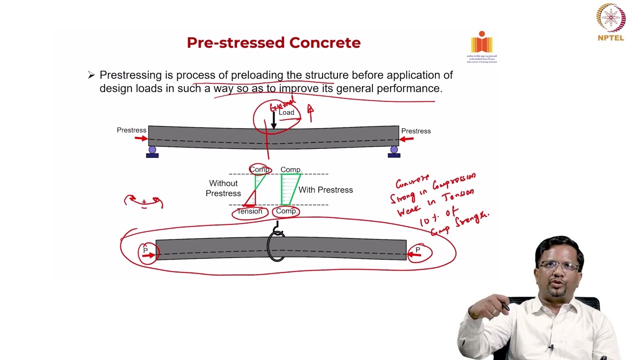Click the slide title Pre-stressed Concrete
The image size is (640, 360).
tap(273, 43)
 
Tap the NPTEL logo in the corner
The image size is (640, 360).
tap(610, 22)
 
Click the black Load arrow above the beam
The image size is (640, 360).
tap(273, 120)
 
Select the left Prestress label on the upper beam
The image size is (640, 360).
tap(131, 130)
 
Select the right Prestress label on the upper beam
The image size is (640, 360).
tap(415, 131)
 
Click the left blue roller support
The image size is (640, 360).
tap(152, 150)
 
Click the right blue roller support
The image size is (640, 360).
tap(394, 150)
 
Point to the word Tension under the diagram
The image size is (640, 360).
tap(249, 211)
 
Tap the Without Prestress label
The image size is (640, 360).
tap(223, 188)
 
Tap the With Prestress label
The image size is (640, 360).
tap(325, 190)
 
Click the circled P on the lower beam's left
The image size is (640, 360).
tap(145, 250)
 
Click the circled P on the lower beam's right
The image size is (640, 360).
tap(418, 250)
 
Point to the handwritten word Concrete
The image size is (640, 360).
tap(412, 181)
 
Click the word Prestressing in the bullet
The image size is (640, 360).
tap(130, 75)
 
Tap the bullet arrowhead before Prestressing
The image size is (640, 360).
tap(91, 75)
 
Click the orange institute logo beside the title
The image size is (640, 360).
tap(481, 43)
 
